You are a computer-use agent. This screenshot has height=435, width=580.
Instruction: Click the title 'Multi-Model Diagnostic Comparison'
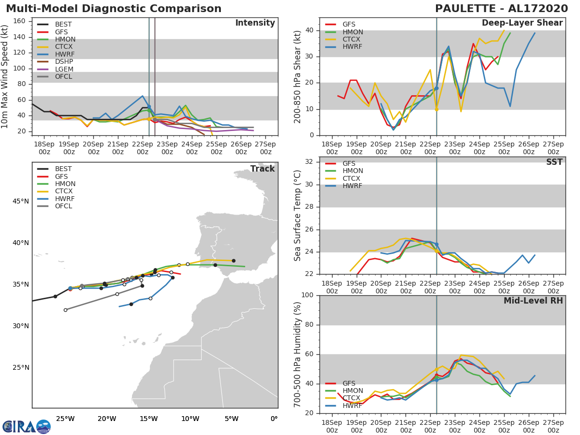pyautogui.click(x=114, y=9)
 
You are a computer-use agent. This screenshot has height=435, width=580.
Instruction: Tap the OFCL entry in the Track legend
pyautogui.click(x=63, y=206)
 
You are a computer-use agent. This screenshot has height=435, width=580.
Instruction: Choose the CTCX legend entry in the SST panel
pyautogui.click(x=352, y=178)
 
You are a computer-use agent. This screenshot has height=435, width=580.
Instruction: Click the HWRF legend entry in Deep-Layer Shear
pyautogui.click(x=352, y=47)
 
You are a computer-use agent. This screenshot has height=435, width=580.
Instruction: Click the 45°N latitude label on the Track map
pyautogui.click(x=20, y=202)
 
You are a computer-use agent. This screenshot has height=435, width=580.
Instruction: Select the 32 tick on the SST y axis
pyautogui.click(x=308, y=162)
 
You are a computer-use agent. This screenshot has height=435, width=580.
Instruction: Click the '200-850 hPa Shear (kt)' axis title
pyautogui.click(x=298, y=77)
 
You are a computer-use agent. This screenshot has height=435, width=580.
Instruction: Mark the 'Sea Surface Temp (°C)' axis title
pyautogui.click(x=298, y=216)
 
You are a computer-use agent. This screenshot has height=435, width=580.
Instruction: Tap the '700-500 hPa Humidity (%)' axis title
pyautogui.click(x=298, y=354)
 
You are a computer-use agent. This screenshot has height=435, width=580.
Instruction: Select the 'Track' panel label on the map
pyautogui.click(x=262, y=169)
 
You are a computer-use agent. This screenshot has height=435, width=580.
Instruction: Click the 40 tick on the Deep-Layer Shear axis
pyautogui.click(x=308, y=30)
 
